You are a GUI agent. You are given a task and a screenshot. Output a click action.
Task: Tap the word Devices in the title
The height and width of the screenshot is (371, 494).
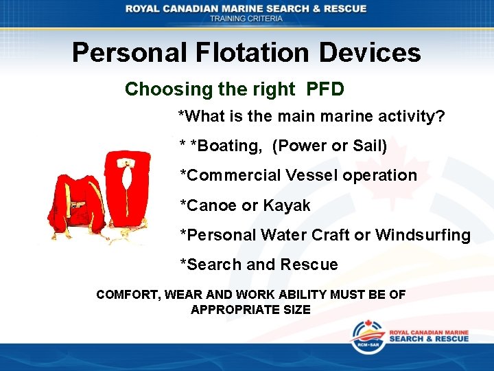coord(370,53)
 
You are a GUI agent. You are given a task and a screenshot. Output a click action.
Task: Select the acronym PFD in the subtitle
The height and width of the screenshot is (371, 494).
coord(325,89)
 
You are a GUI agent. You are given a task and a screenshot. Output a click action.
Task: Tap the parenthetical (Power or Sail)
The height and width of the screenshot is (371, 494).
coord(330,146)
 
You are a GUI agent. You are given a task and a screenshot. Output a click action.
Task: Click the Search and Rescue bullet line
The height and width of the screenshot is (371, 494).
coord(259,265)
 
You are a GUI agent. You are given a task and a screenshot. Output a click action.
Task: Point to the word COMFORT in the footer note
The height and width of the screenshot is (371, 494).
coord(128,295)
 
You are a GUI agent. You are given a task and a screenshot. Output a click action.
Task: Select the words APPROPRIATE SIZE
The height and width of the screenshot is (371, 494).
coord(250,310)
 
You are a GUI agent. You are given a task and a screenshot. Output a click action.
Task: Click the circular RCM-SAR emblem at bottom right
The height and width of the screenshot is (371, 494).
coord(368,337)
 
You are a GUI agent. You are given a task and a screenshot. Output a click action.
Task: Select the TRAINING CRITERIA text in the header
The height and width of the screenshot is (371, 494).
coord(246,19)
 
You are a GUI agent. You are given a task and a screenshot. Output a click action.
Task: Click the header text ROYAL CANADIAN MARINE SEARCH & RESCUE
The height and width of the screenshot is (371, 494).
coord(246,8)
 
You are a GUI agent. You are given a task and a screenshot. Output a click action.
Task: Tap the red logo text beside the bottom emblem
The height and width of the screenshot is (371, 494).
coord(429,335)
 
